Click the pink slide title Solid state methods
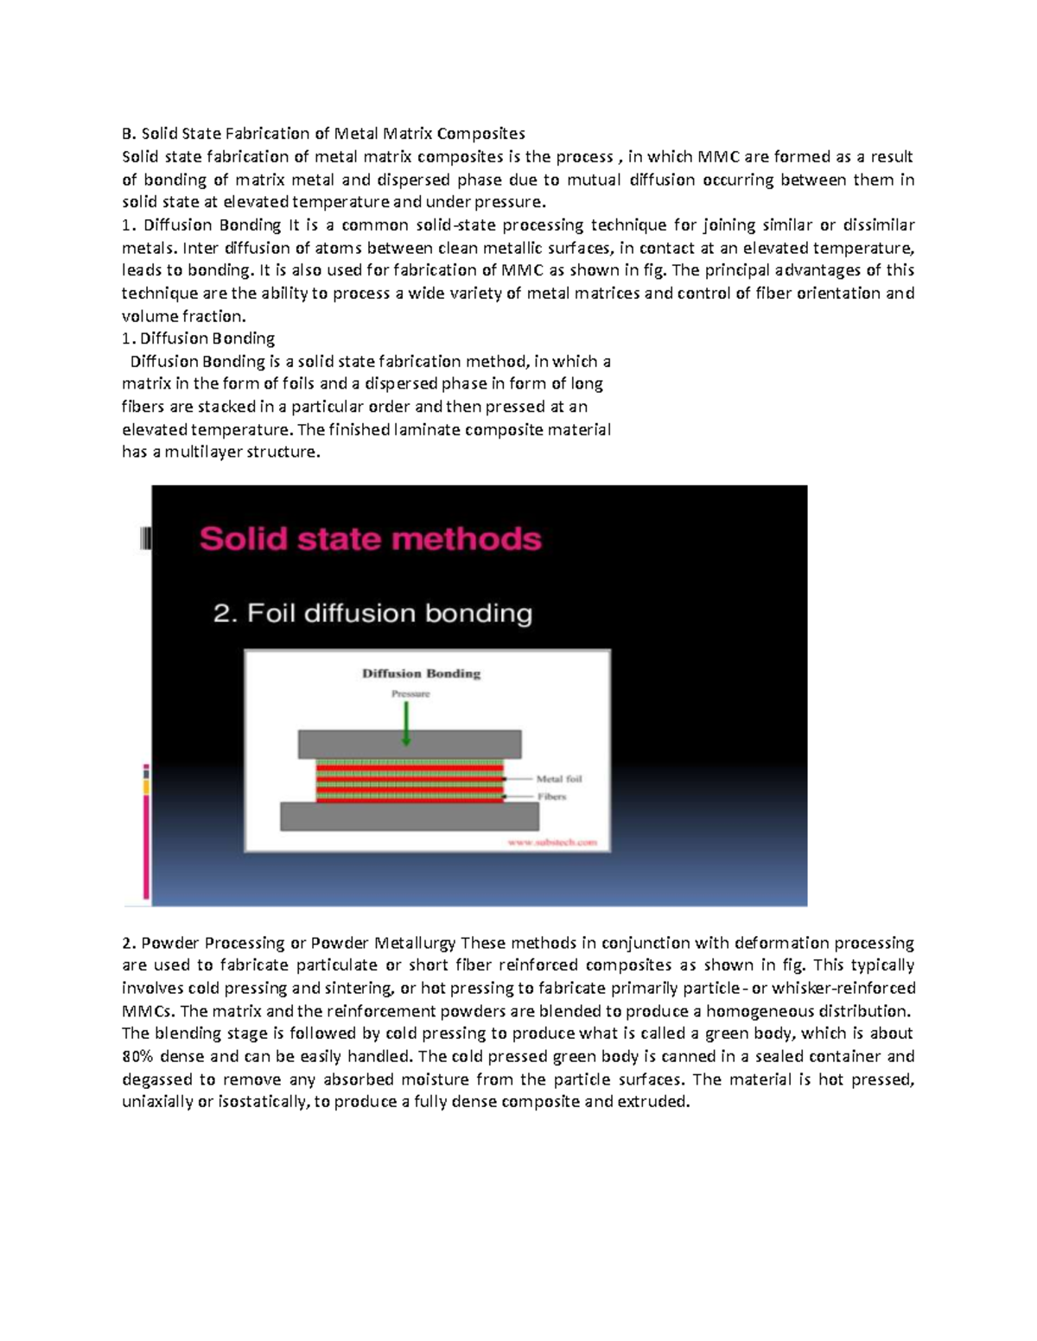tap(370, 539)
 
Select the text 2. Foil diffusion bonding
tap(372, 614)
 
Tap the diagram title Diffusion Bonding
tap(421, 674)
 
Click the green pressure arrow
tap(406, 724)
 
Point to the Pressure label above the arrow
tap(410, 694)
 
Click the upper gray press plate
tap(410, 744)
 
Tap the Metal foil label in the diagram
tap(559, 779)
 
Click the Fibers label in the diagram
tap(551, 796)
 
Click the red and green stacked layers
tap(409, 781)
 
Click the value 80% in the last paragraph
tap(138, 1056)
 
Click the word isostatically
tap(260, 1102)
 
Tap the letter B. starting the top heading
tap(129, 134)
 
